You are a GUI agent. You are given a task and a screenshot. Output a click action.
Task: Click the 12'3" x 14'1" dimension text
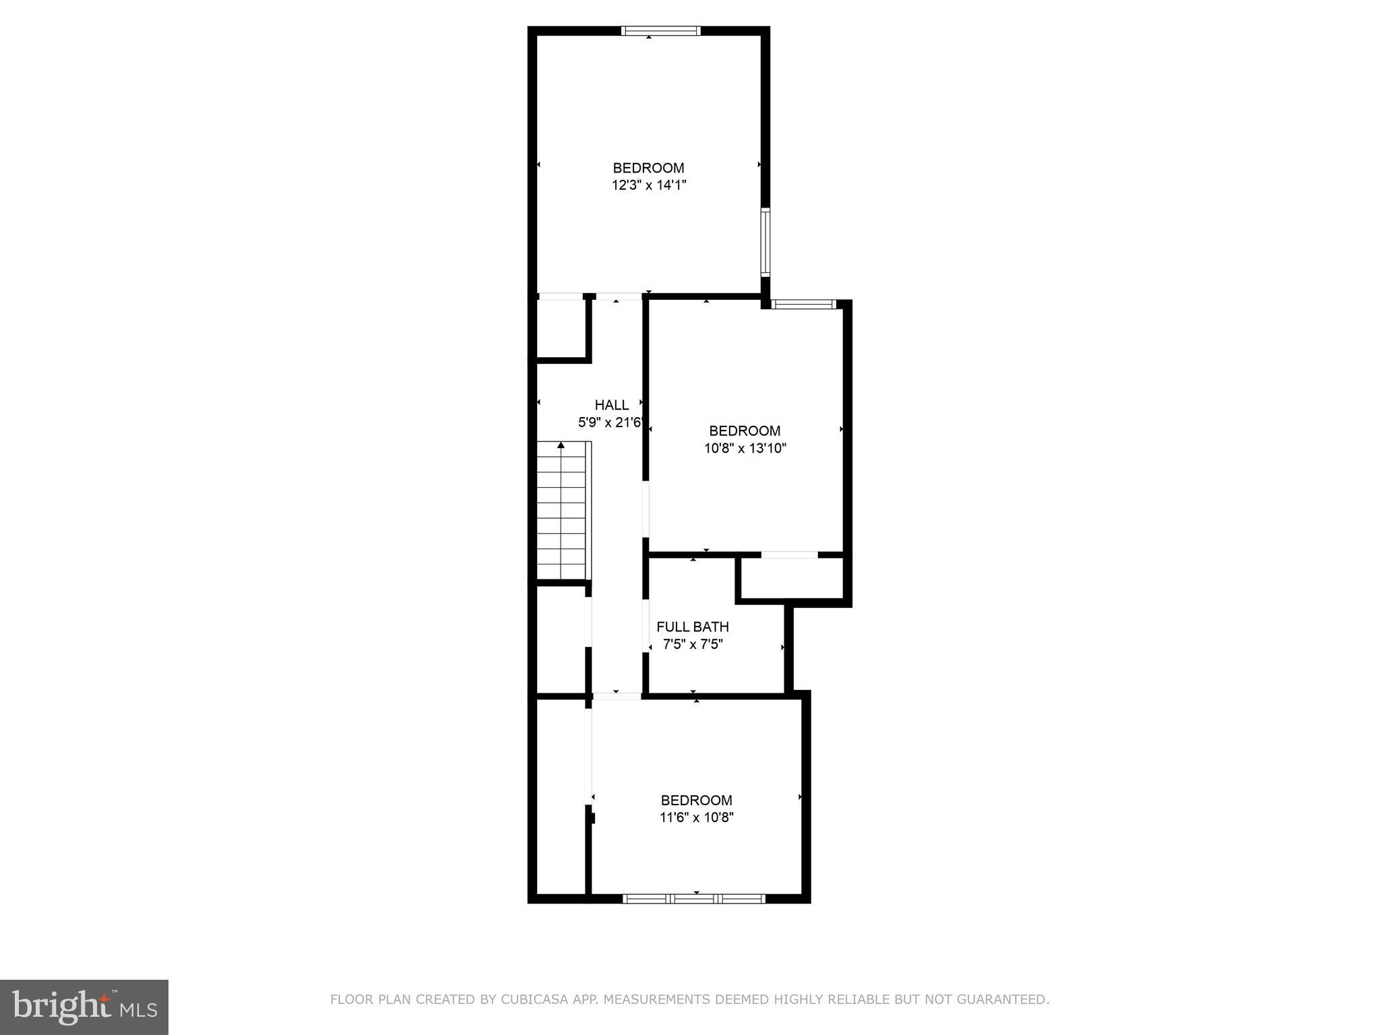point(648,185)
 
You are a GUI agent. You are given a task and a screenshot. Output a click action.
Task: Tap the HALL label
point(611,405)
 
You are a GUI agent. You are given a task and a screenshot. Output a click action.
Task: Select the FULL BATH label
point(692,627)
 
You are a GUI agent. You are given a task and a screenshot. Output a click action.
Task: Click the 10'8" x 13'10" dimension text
point(745,448)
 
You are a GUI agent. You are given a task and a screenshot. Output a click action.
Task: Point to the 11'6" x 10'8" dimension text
point(696,817)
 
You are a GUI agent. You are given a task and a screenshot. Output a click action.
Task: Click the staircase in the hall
point(563,512)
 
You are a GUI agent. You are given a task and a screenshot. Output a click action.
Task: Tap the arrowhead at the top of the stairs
point(561,445)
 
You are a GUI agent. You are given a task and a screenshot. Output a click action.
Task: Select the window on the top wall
point(660,30)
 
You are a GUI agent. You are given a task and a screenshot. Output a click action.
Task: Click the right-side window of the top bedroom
point(765,243)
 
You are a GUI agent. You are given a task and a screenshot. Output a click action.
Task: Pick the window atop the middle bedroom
point(804,304)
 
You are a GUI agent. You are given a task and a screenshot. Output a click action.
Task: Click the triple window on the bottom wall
point(694,898)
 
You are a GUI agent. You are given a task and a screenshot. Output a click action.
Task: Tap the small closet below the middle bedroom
point(792,577)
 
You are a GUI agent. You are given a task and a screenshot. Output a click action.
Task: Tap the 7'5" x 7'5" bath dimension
point(692,644)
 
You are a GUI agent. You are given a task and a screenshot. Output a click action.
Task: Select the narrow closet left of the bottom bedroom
point(561,795)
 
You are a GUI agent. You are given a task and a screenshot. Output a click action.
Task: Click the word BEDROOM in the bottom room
point(696,800)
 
